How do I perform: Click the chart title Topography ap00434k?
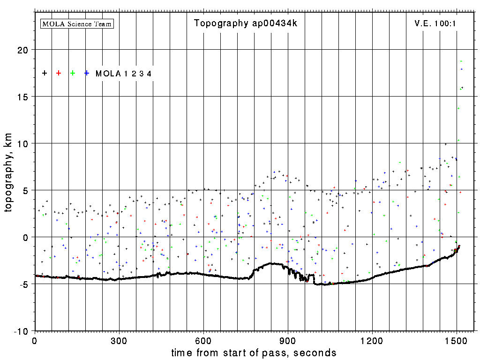(x=246, y=23)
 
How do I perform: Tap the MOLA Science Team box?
(x=77, y=23)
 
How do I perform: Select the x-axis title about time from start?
(x=254, y=352)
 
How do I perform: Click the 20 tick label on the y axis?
(x=22, y=50)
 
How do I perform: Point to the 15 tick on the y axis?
(x=22, y=97)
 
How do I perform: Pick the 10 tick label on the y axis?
(x=22, y=143)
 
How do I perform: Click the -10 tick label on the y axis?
(x=21, y=331)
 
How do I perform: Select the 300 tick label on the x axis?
(x=119, y=340)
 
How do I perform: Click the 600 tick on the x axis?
(x=203, y=340)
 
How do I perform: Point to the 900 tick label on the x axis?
(x=288, y=340)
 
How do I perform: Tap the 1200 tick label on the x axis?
(x=372, y=340)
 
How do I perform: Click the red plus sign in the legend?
(x=59, y=73)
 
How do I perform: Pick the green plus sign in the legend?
(x=73, y=73)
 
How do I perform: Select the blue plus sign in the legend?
(x=87, y=73)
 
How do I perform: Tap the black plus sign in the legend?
(x=45, y=73)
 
